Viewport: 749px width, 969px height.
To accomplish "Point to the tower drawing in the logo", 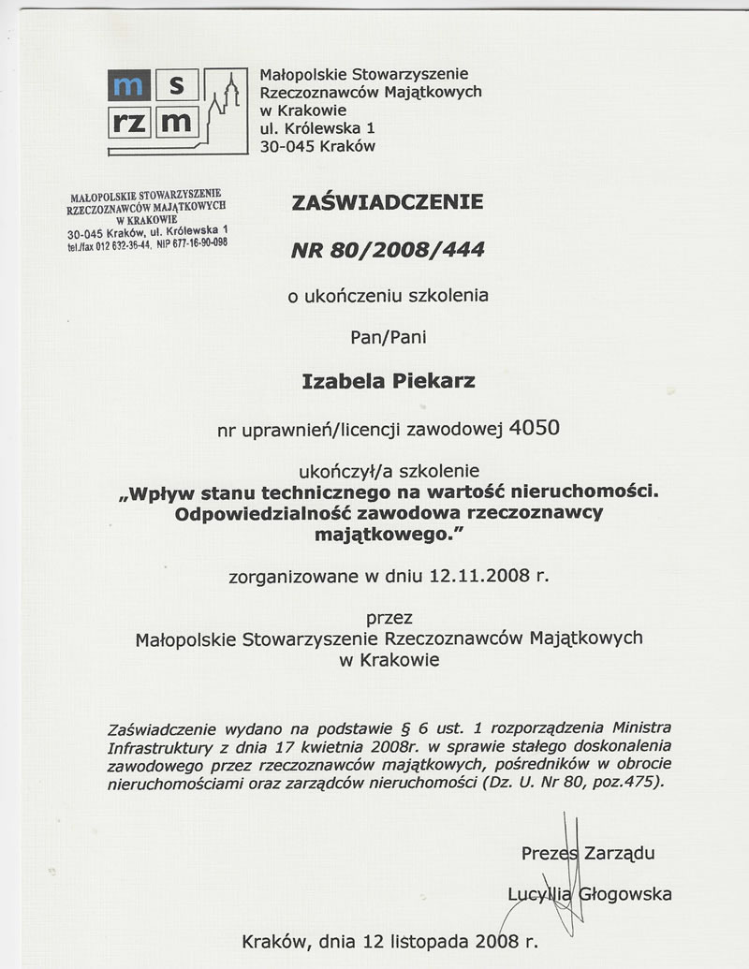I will (224, 98).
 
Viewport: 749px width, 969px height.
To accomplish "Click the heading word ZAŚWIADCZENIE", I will (388, 201).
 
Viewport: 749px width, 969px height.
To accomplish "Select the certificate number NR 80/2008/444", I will (388, 250).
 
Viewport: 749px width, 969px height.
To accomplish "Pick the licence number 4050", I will (536, 429).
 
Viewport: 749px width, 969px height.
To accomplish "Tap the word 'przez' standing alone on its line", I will (389, 618).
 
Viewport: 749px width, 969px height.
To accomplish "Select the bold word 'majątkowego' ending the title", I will (384, 534).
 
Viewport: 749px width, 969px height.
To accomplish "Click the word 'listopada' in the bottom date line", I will (433, 941).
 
